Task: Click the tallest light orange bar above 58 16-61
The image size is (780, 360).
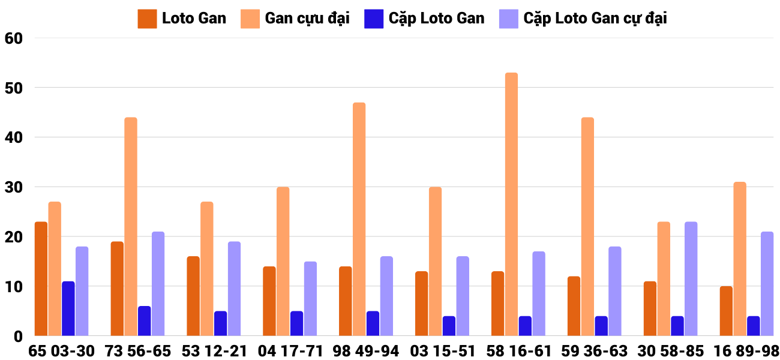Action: pyautogui.click(x=511, y=204)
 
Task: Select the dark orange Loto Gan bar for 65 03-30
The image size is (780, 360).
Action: pyautogui.click(x=41, y=279)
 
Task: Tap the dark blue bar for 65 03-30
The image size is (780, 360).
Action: pyautogui.click(x=68, y=308)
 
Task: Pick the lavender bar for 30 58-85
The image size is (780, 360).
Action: pyautogui.click(x=691, y=279)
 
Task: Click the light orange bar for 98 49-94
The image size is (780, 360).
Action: pyautogui.click(x=359, y=219)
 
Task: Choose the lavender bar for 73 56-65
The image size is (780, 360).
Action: pyautogui.click(x=158, y=284)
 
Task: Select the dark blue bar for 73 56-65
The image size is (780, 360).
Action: pyautogui.click(x=145, y=321)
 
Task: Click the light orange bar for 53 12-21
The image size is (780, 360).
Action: pyautogui.click(x=207, y=269)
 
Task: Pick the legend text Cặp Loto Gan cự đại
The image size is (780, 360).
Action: pyautogui.click(x=595, y=19)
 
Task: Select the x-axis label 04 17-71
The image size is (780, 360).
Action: pyautogui.click(x=291, y=351)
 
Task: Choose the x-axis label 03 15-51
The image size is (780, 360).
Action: pyautogui.click(x=443, y=351)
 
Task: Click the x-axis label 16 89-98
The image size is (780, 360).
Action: pyautogui.click(x=746, y=351)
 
